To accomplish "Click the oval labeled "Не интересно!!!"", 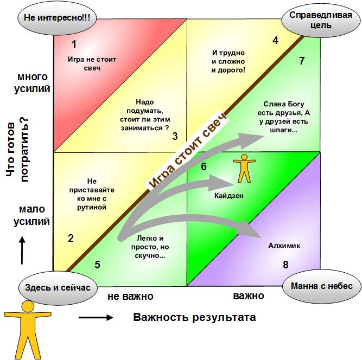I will point(57,18).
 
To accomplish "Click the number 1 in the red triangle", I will point(74,44).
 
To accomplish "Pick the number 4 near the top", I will point(275,40).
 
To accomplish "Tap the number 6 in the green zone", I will point(204,166).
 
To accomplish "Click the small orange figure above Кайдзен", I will point(245,168).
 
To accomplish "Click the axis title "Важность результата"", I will point(194,317).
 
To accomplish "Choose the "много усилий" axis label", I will point(33,83).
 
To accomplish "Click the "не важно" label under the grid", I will point(130,296).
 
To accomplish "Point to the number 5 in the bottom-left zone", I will point(98,265).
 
